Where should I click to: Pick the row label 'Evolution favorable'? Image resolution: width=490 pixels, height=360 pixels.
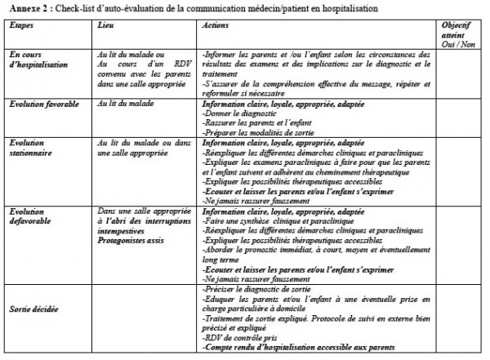coord(47,104)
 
